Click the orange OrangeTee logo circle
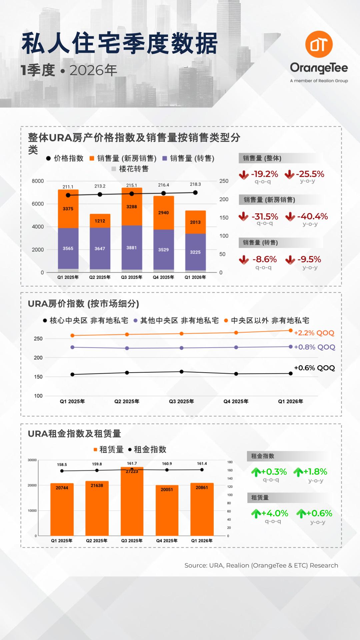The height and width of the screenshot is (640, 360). click(x=319, y=44)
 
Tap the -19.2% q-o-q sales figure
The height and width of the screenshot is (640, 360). click(x=264, y=174)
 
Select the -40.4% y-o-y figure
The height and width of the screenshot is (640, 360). click(x=312, y=216)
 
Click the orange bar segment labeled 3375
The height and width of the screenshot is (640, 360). click(x=68, y=209)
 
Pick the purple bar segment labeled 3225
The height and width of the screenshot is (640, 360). click(x=195, y=252)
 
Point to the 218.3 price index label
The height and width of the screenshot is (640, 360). click(x=195, y=184)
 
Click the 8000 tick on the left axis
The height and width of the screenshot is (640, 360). click(x=38, y=181)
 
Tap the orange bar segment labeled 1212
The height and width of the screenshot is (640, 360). click(x=100, y=221)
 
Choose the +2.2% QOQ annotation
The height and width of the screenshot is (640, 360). click(x=314, y=333)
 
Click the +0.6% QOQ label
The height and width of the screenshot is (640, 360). click(x=314, y=368)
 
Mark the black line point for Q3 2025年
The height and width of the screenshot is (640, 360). click(x=181, y=372)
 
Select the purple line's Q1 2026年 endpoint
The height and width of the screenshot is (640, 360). click(x=291, y=347)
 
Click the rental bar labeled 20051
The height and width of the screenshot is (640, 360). click(x=167, y=510)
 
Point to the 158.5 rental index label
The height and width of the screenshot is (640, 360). click(x=62, y=464)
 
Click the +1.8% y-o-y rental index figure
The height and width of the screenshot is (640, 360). click(x=315, y=472)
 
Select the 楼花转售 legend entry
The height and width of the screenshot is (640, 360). click(x=130, y=169)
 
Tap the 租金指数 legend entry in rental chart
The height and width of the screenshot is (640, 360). click(x=147, y=449)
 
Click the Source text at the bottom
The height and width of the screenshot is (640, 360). click(x=261, y=565)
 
